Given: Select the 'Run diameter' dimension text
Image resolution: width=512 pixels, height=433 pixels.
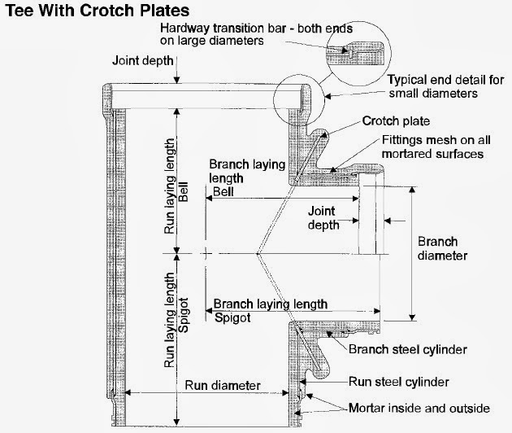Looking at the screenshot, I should click(222, 384).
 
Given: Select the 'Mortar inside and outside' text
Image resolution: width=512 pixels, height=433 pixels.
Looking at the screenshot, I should click(419, 408).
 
